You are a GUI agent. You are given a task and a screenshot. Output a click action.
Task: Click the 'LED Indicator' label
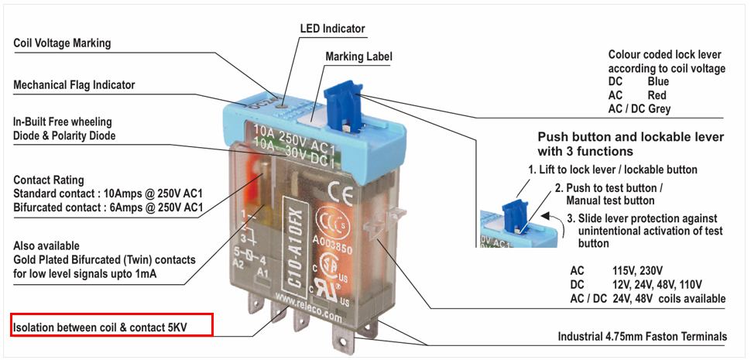(x=332, y=29)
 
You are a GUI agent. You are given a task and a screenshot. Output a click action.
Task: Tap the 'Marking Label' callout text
(x=358, y=57)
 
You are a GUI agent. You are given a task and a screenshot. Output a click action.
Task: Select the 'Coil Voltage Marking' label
(x=62, y=43)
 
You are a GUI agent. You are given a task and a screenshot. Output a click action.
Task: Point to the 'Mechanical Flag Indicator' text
(x=74, y=85)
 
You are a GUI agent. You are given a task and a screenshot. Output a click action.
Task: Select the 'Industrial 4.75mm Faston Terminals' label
(x=642, y=337)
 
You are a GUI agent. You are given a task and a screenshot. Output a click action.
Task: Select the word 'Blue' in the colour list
(x=658, y=81)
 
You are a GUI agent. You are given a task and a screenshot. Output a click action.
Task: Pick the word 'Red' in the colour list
(x=657, y=95)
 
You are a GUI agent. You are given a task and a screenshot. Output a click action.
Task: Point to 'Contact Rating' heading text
(x=49, y=180)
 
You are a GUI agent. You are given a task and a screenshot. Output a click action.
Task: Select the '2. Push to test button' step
(x=609, y=188)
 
